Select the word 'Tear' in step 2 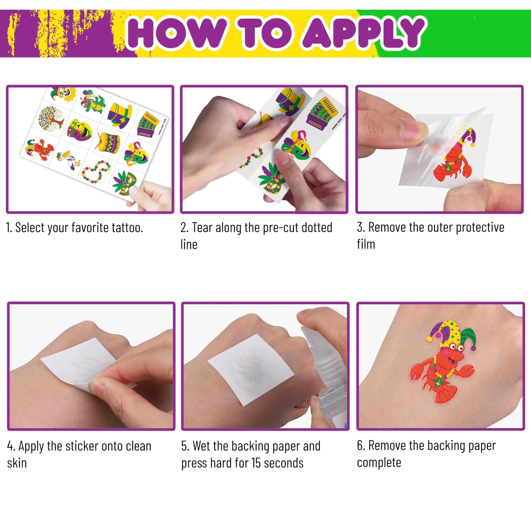point(202,228)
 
